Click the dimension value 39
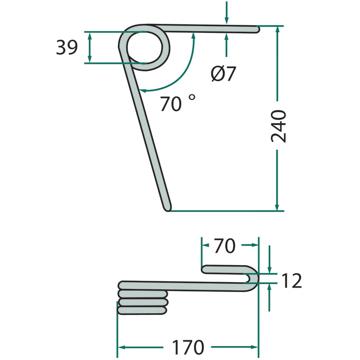[x=67, y=47]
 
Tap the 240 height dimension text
[x=279, y=126]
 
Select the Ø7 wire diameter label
[x=223, y=74]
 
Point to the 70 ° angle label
[x=178, y=103]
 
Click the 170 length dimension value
[x=188, y=347]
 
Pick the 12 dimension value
[x=291, y=280]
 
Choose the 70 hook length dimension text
[x=225, y=246]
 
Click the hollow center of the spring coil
[x=144, y=47]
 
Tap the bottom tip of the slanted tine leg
[x=167, y=209]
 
